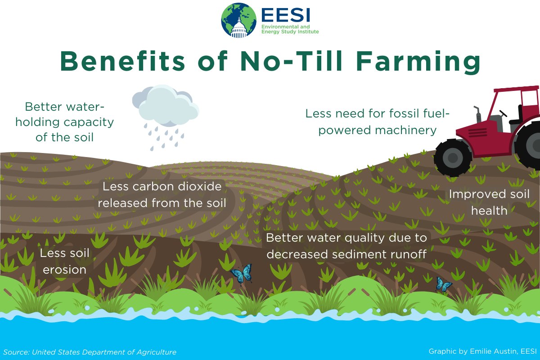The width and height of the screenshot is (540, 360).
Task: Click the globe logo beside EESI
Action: (x=238, y=20)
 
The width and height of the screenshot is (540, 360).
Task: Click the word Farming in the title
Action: (x=418, y=62)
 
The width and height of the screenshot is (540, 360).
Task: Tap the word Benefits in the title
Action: (x=122, y=61)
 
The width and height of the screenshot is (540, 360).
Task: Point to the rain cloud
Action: (x=166, y=106)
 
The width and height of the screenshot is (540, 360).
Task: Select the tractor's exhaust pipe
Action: (x=477, y=115)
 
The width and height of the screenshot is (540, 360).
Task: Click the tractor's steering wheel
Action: (x=503, y=113)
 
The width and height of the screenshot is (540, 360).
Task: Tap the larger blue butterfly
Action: (x=242, y=274)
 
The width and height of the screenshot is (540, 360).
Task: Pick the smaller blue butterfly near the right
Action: (x=443, y=284)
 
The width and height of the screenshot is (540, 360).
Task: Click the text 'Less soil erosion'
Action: (x=65, y=261)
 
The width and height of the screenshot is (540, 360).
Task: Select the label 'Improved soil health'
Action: (x=489, y=202)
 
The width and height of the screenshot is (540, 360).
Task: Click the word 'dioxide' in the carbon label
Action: (x=199, y=186)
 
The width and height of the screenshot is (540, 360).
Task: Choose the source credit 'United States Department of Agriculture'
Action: (x=104, y=352)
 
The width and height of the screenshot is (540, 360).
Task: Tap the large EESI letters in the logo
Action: (x=286, y=15)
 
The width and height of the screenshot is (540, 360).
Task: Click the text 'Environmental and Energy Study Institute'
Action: (x=290, y=29)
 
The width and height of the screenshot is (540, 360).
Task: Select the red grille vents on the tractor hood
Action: (x=477, y=133)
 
